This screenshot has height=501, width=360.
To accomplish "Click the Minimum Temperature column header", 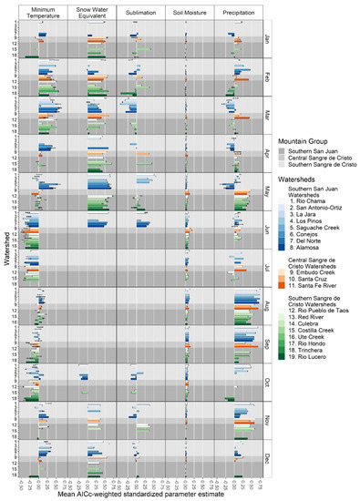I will pos(43,14).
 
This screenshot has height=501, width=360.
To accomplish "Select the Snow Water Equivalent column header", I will pos(92,14).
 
